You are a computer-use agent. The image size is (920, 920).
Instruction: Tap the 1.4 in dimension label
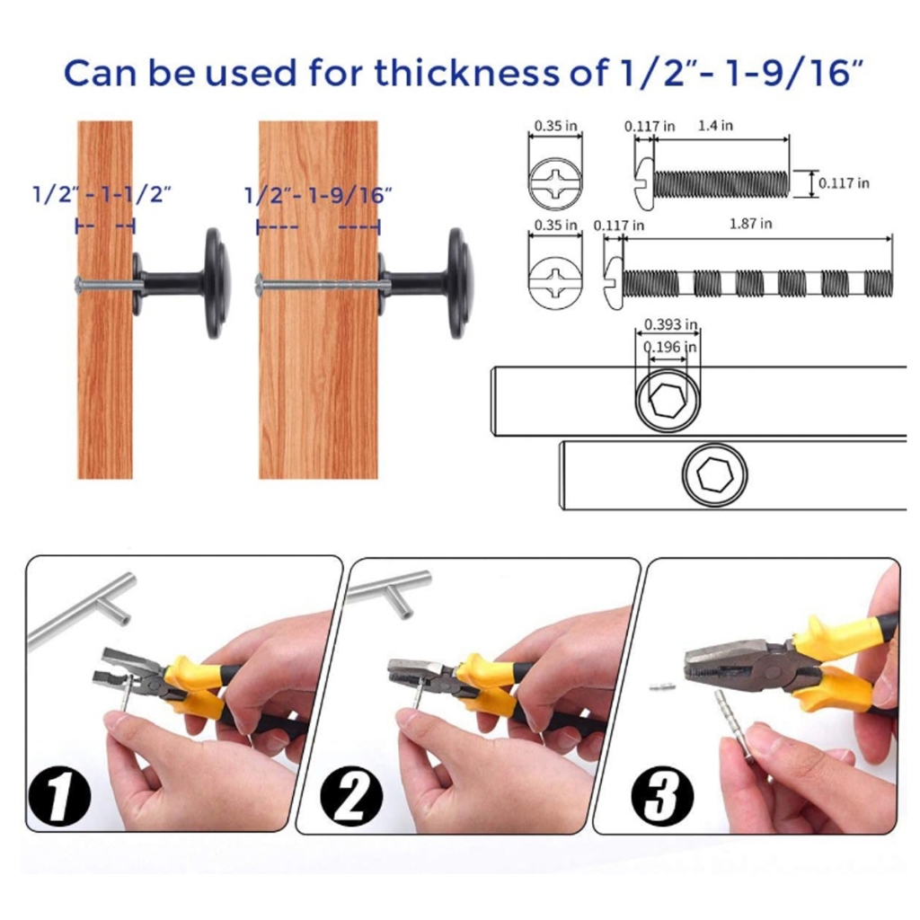715,125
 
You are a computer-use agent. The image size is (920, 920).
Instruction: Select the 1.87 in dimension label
750,224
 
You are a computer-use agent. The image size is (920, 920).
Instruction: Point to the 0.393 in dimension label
670,323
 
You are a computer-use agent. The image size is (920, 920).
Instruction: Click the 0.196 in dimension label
670,347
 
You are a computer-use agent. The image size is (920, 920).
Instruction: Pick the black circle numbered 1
59,796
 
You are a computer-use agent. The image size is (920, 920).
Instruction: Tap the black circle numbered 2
351,796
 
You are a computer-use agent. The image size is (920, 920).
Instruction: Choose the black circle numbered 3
662,796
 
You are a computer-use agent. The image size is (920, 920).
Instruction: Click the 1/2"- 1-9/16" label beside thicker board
317,195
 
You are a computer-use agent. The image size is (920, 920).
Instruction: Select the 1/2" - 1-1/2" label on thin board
102,194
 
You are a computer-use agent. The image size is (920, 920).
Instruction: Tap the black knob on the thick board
427,283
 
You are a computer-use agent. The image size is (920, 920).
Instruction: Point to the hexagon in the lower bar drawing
714,474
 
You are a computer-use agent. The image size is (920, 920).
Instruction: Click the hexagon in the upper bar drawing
668,400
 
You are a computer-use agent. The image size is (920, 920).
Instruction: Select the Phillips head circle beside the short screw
555,183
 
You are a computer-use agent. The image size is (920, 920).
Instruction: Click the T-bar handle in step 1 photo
82,610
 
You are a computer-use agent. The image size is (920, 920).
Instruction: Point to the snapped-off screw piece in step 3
662,686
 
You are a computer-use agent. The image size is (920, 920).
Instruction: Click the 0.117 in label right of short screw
844,183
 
